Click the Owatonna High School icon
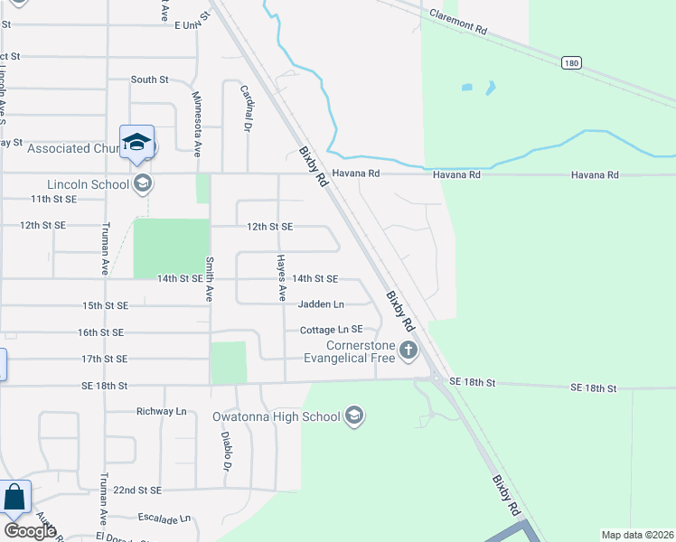tap(354, 416)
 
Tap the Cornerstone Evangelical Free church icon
tap(408, 350)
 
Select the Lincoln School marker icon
tap(142, 184)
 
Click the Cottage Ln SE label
tap(331, 330)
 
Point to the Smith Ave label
tap(209, 278)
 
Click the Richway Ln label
tap(161, 412)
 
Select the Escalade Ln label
tap(162, 519)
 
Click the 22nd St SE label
tap(136, 490)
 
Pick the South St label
tap(150, 79)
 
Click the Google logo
tap(30, 531)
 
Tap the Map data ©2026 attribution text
tap(637, 535)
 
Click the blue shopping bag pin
tap(14, 498)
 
